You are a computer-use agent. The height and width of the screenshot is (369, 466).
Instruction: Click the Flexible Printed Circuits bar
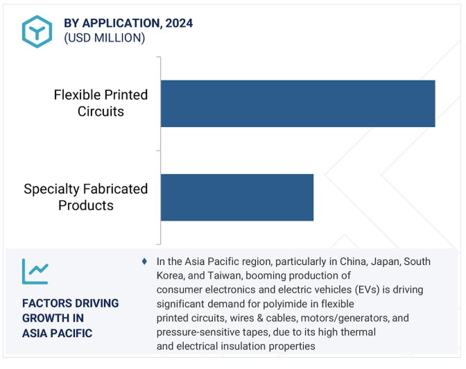297,103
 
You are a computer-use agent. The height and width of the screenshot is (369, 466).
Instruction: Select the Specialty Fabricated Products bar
237,198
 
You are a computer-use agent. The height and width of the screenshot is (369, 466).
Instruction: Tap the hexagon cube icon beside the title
37,31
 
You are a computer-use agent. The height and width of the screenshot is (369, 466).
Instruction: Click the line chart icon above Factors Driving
35,271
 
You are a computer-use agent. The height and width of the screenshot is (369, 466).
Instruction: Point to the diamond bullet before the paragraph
144,261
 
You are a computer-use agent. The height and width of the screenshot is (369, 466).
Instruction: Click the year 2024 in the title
179,23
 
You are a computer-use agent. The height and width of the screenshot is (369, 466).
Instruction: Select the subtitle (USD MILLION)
105,38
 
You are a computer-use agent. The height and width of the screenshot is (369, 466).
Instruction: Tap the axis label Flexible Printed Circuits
101,103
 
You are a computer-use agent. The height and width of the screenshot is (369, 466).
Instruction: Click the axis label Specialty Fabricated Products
85,197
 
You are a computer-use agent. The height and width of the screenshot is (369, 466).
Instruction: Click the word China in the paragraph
354,261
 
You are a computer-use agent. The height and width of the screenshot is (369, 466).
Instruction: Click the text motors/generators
345,318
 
